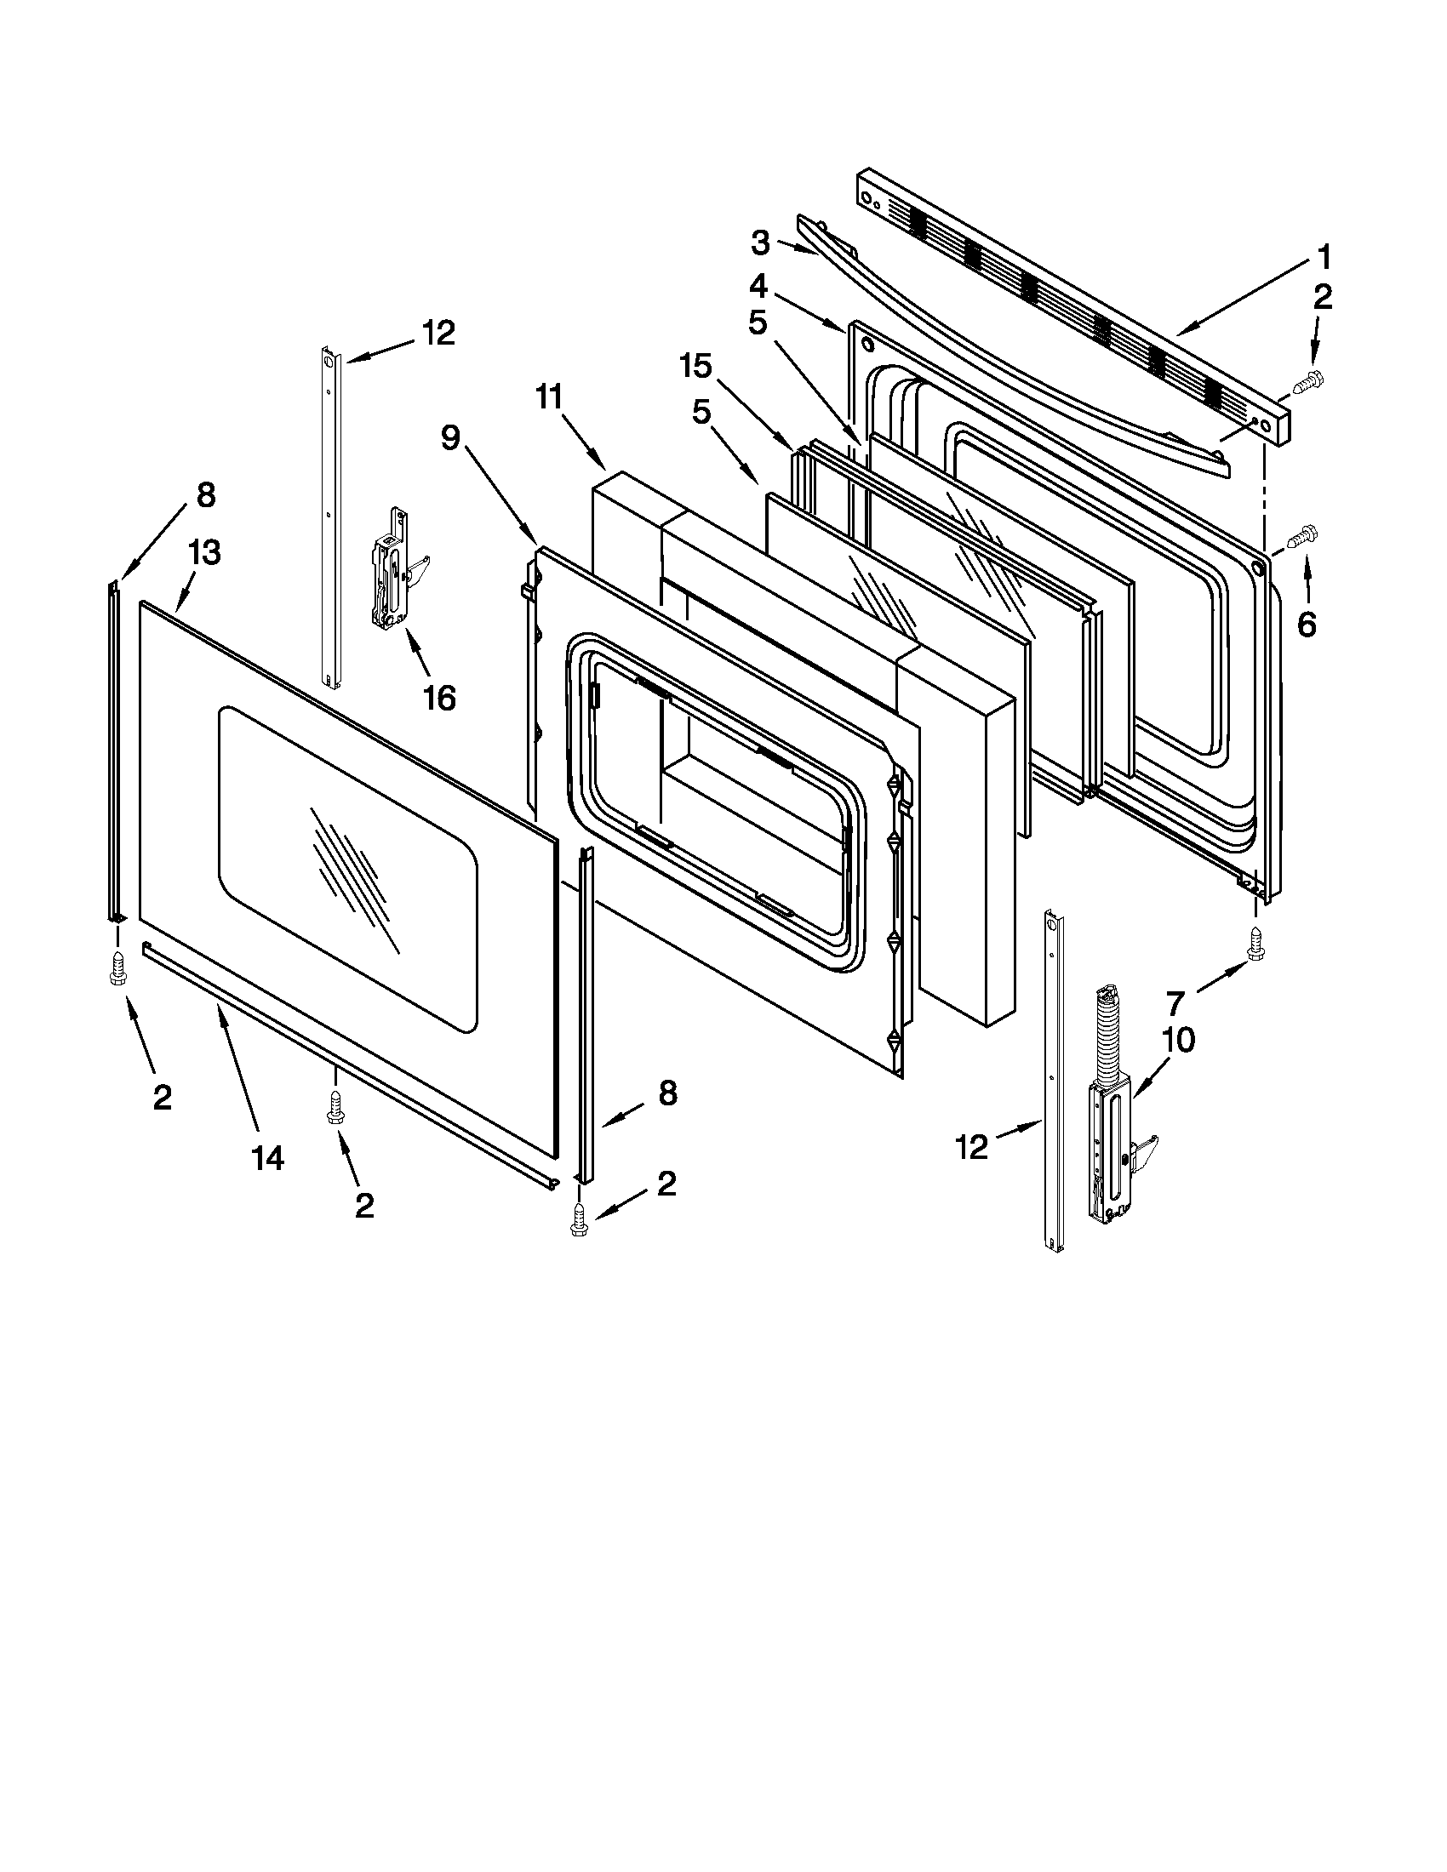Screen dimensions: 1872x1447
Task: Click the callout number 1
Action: [1324, 256]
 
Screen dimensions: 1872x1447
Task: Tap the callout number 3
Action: [760, 243]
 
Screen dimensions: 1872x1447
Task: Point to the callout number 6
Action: [1306, 625]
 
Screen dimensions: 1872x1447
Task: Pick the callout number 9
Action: [451, 438]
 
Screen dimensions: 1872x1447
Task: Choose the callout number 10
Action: [1180, 1040]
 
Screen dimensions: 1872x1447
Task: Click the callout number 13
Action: [204, 553]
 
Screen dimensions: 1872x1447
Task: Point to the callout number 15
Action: [695, 367]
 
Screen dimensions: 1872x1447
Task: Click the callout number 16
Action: [439, 698]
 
